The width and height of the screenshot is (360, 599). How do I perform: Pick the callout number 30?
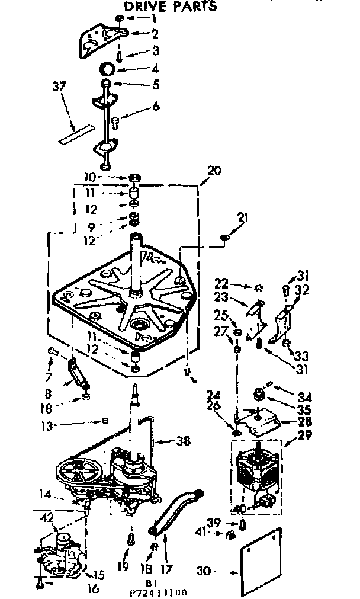[x=203, y=572]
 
